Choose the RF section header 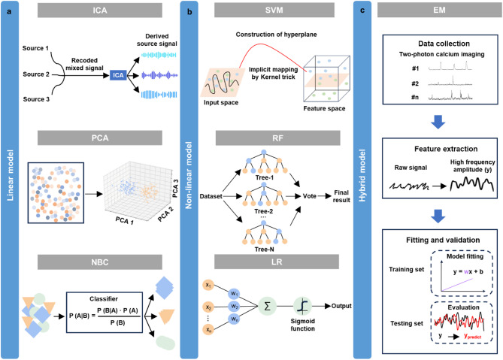[280, 137]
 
